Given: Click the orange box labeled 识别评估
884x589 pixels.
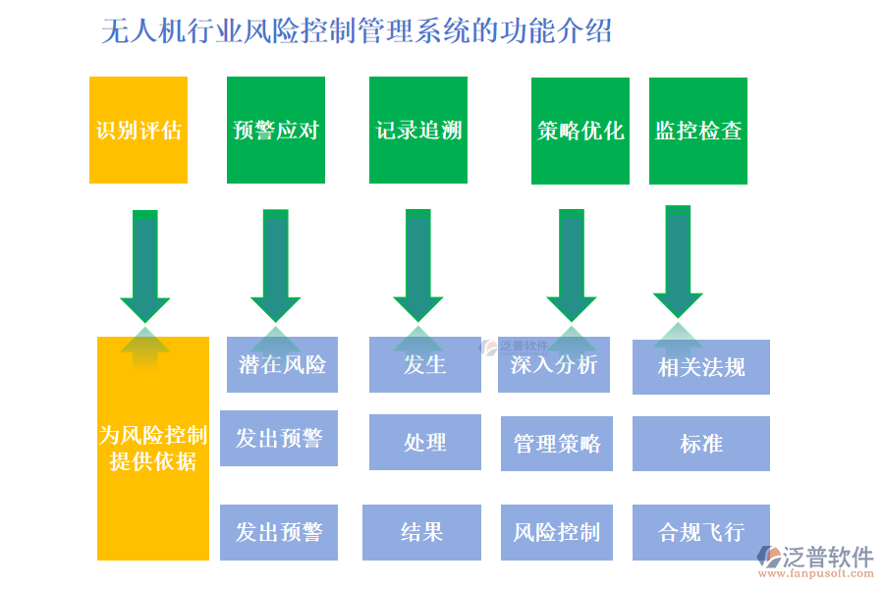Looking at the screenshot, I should point(138,131).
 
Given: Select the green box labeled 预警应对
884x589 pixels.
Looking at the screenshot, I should point(276,131).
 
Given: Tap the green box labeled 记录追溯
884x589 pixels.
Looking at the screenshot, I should point(418,131).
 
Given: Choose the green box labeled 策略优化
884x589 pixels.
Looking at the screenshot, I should point(580,132).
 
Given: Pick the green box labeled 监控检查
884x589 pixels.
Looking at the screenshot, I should point(698,132).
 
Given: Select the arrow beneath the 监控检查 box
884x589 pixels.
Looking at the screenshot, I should point(678,261).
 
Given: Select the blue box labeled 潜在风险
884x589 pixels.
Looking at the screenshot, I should point(283,365).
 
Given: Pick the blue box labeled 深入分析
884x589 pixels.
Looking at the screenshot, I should point(554,365).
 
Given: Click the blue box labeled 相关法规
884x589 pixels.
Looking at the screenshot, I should point(701,367).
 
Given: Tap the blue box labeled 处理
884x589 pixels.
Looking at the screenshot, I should point(425,443).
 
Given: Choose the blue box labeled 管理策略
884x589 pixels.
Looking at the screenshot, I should point(557,444).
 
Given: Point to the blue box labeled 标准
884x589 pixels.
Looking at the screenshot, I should point(701,444).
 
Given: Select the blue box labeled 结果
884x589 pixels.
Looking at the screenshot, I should point(422,533).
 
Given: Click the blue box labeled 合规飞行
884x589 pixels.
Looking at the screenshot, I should point(701,533).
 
